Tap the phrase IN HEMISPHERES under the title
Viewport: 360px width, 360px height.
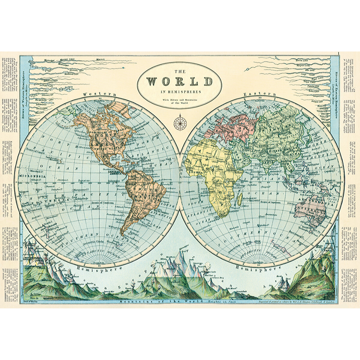(x=180, y=92)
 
